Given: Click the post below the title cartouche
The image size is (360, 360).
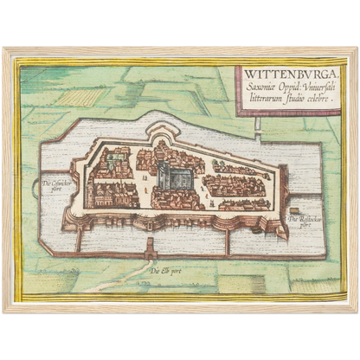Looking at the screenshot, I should point(257,124).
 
